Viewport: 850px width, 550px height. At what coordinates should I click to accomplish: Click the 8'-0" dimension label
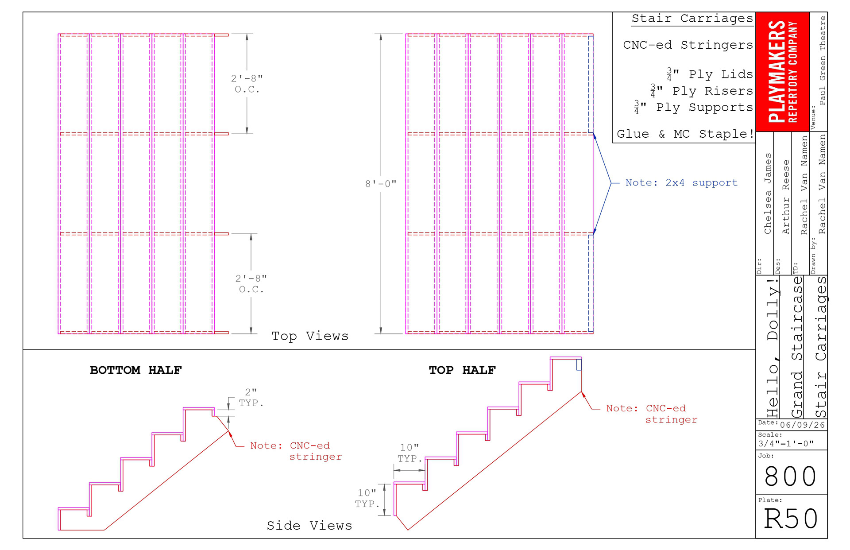click(x=381, y=183)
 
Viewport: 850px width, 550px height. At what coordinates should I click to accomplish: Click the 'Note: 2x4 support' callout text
click(x=681, y=182)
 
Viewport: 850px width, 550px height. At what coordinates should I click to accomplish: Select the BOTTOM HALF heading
click(x=136, y=370)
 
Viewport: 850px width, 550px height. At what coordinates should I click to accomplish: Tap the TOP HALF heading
click(x=462, y=370)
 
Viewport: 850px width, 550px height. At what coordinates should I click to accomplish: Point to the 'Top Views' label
click(x=310, y=336)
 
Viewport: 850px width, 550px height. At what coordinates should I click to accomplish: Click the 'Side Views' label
click(x=309, y=526)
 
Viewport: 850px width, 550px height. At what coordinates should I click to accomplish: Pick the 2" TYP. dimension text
click(x=251, y=397)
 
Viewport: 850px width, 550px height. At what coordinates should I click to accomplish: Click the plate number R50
click(x=791, y=519)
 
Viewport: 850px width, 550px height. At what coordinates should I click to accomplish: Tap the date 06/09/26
click(x=802, y=425)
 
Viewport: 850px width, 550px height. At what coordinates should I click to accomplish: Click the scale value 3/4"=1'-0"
click(x=786, y=444)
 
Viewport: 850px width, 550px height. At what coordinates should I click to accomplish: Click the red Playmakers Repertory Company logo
click(x=782, y=72)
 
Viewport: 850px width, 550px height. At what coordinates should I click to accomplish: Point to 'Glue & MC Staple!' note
click(x=685, y=134)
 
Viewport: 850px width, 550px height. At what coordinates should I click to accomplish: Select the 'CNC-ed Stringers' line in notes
click(x=688, y=45)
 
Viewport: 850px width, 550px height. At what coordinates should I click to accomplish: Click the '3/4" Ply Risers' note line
click(x=702, y=91)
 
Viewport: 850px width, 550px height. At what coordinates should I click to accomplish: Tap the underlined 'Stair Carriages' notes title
click(x=692, y=19)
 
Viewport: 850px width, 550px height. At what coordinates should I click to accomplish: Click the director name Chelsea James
click(x=768, y=194)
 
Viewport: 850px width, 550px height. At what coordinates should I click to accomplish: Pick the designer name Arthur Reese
click(x=786, y=197)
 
